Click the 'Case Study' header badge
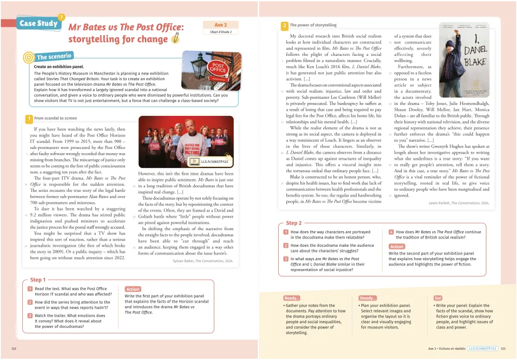coord(39,23)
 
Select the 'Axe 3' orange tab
coord(220,25)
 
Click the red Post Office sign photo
coord(212,71)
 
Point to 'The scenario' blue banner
coord(54,56)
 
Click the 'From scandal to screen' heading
coord(55,118)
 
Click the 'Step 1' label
coord(38,280)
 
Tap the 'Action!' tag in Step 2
coord(397,247)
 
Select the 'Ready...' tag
coord(292,298)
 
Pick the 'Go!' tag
coord(438,298)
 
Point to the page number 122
coord(14,349)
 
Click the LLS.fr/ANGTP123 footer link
coord(482,349)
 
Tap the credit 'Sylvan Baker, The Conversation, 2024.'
coord(203,261)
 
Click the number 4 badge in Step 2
coord(391,232)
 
